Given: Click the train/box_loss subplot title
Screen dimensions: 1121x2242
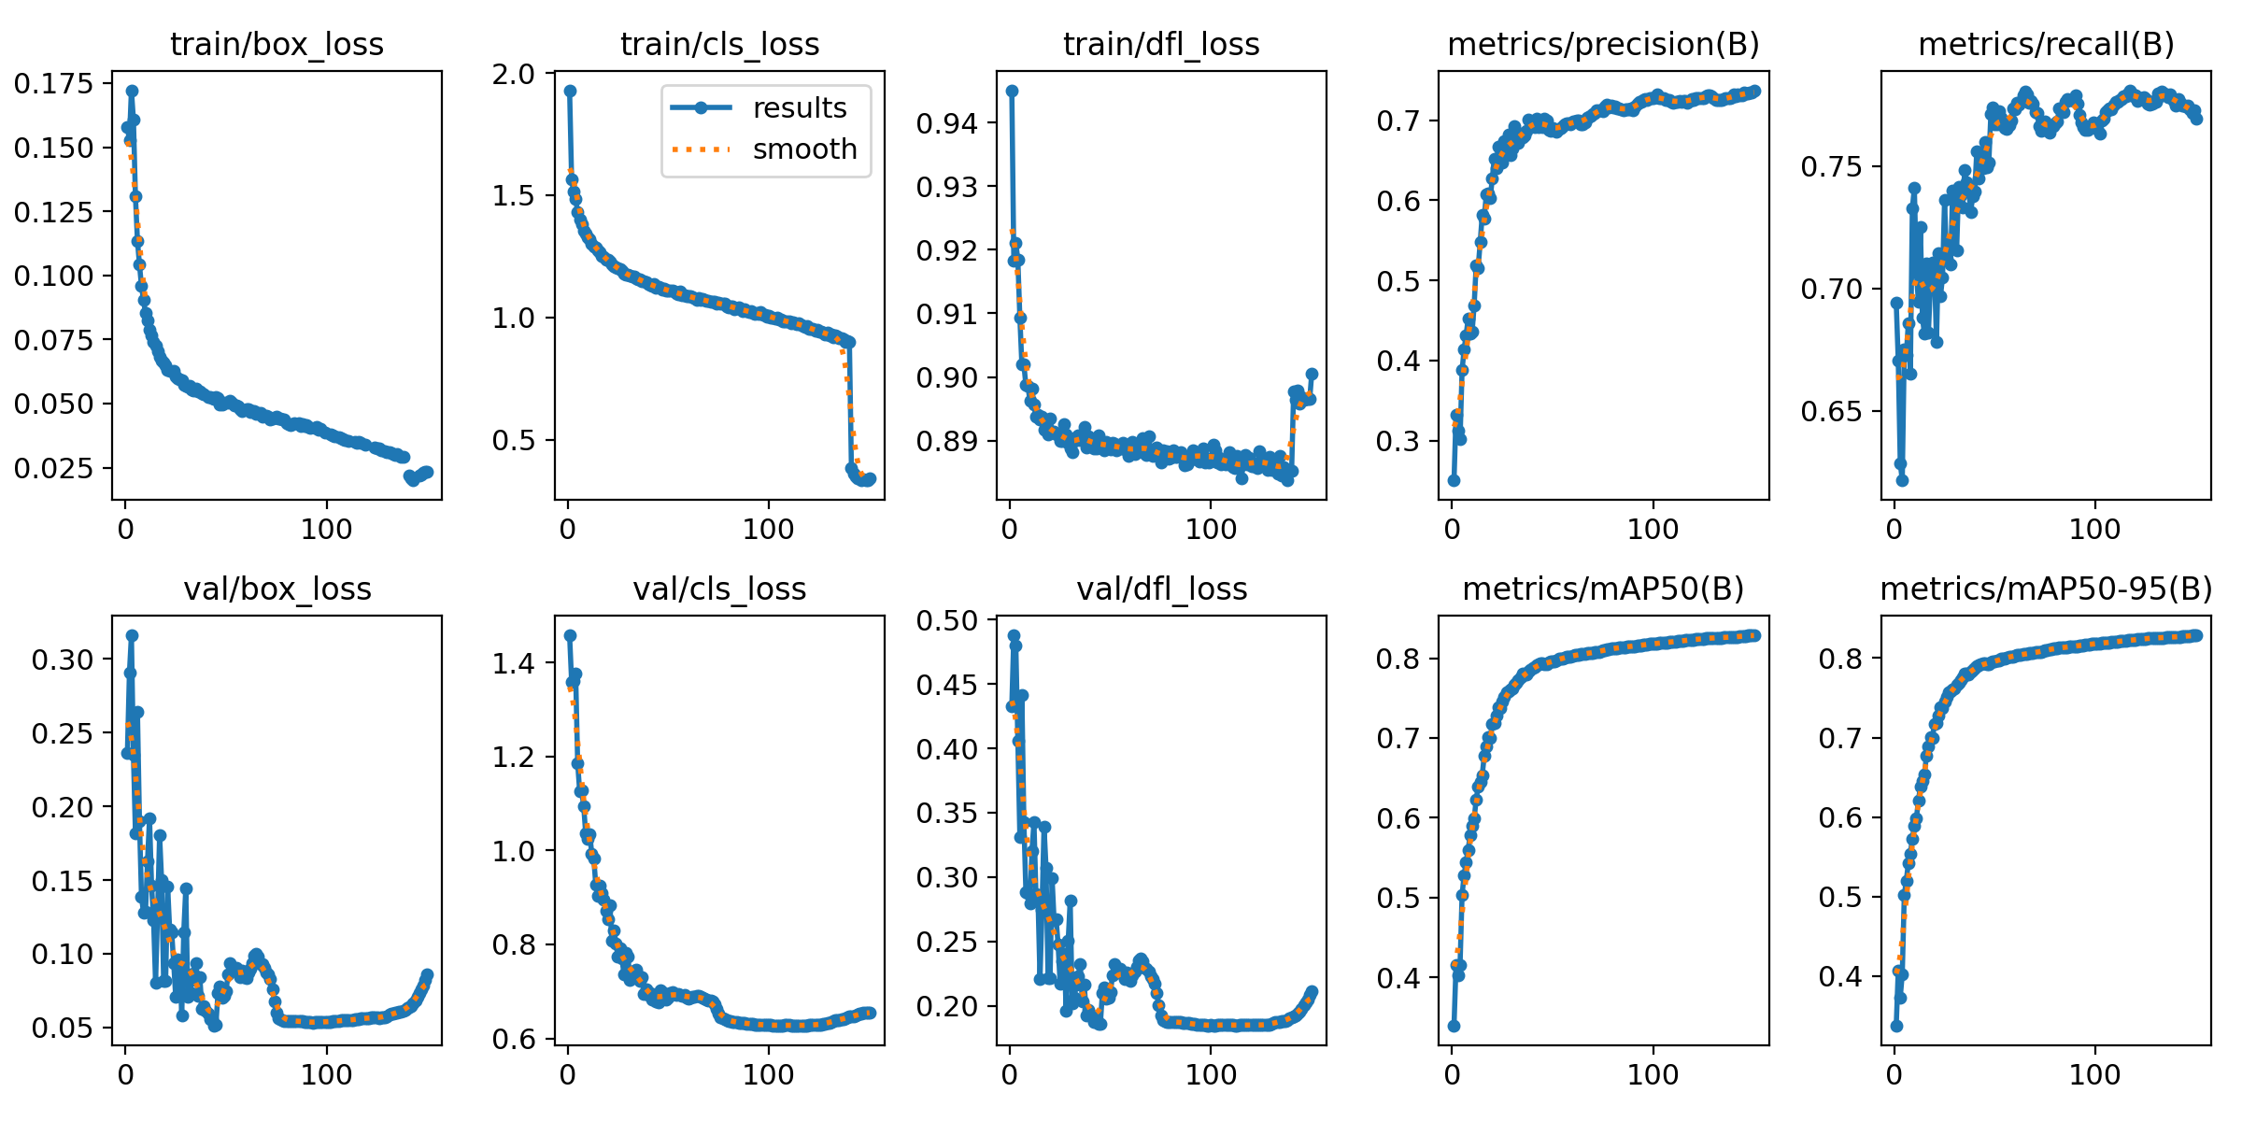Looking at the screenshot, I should (277, 44).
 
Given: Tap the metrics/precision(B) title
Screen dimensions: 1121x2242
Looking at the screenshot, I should (1603, 44).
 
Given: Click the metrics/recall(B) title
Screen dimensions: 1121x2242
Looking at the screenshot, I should (2046, 44).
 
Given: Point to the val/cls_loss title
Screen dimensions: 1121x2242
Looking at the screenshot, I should (719, 589).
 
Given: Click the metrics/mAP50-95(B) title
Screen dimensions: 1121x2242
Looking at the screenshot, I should (2046, 589).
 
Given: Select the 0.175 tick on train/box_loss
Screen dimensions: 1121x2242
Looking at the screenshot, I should (54, 84).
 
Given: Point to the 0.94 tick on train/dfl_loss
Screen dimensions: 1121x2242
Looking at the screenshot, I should (947, 123).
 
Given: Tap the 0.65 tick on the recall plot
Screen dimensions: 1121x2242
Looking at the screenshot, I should (1832, 411).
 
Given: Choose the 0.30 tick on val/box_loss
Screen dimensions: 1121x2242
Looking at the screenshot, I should (63, 660).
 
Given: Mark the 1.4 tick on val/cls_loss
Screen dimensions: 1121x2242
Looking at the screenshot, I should (513, 663).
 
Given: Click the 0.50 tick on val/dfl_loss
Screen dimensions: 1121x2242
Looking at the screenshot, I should (947, 621).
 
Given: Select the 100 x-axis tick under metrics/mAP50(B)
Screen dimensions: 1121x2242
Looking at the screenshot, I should (1653, 1074).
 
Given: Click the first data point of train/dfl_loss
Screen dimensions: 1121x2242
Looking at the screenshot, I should (1012, 91).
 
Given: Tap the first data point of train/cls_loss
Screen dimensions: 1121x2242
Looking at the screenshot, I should (570, 91).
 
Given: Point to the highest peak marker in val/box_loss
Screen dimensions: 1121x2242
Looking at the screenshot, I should (132, 635).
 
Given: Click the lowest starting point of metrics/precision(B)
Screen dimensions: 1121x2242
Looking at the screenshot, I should (1454, 480).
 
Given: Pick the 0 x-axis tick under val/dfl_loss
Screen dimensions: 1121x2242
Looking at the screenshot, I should (1010, 1074).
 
